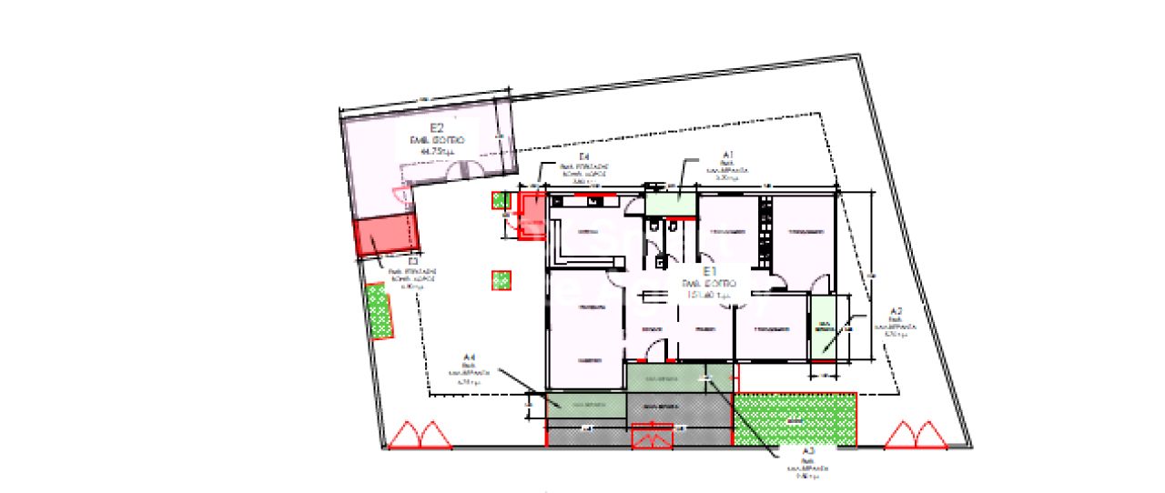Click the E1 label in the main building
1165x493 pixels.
coord(711,271)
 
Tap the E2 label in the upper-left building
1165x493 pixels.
coord(436,128)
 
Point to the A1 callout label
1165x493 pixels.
coord(728,156)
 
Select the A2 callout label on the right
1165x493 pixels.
coord(896,310)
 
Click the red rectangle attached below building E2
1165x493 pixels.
coord(385,236)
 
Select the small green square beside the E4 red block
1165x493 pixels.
coord(500,201)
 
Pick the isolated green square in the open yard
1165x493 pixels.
coord(501,281)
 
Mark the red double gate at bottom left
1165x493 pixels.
coord(420,436)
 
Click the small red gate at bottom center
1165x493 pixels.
coord(653,438)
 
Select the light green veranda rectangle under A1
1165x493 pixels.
coord(670,200)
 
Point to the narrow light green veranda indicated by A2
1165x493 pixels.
coord(824,327)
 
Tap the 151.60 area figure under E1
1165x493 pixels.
coord(710,295)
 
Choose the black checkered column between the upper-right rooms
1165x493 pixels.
coord(765,232)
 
